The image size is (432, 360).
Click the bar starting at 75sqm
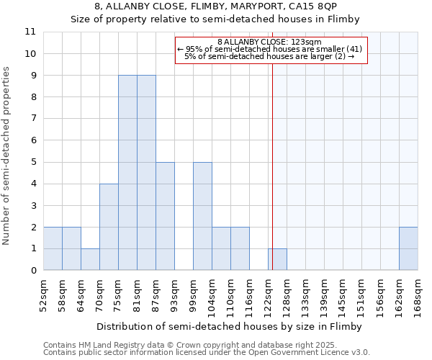coord(127,173)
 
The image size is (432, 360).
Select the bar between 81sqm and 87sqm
coord(146,173)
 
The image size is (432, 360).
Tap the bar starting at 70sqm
coord(109,227)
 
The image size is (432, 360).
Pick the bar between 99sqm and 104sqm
coord(202,216)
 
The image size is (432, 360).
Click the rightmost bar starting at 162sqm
coord(408,248)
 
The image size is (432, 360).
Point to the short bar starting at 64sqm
coord(90,259)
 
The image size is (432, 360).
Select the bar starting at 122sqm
coord(277,259)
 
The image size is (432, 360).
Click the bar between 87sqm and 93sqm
coord(165,216)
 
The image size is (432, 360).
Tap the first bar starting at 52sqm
coord(53,248)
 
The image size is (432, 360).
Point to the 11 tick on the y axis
coord(30,32)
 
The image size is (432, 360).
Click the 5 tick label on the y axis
coord(32,162)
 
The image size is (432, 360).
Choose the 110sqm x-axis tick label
coord(230,295)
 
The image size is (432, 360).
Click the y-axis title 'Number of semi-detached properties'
coord(6,156)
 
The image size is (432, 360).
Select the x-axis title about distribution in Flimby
coord(230,326)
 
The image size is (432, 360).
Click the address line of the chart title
coord(215,6)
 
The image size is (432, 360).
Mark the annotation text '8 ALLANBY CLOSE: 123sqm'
coord(270,42)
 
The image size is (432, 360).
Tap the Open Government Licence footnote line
coord(207,353)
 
